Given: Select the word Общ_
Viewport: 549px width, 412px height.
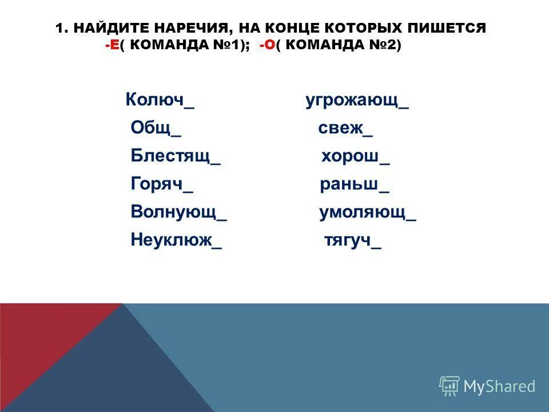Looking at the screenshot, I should [156, 128].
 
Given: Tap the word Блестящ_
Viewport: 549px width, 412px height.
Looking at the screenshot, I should [175, 156].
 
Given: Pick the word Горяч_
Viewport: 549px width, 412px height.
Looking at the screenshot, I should [161, 184].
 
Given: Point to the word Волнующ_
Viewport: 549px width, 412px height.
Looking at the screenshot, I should [178, 212].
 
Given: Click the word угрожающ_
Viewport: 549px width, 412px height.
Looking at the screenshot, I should [357, 101].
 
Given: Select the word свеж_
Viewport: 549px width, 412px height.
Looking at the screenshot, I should [345, 129].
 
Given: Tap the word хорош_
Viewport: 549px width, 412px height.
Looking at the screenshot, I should [355, 157].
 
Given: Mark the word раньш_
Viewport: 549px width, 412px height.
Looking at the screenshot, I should [354, 185].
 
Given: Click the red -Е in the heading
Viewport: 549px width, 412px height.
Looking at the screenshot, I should [112, 46].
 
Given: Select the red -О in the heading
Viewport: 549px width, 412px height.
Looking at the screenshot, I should [266, 46].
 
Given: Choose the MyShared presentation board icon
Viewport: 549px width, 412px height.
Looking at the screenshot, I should [449, 386].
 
